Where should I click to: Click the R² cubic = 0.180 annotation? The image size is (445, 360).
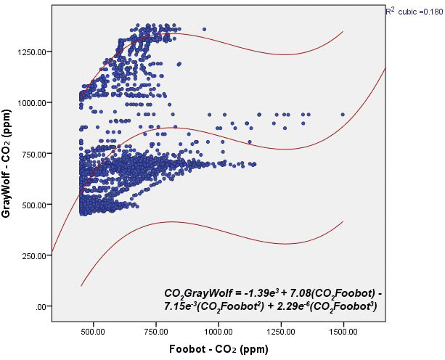pyautogui.click(x=414, y=12)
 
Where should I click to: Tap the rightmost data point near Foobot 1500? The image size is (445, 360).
pyautogui.click(x=343, y=114)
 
